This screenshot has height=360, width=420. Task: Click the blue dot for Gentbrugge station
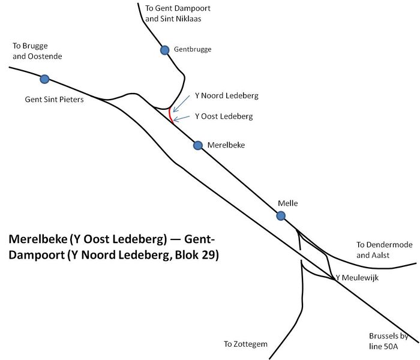[x=164, y=50]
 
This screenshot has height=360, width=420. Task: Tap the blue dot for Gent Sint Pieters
[x=44, y=79]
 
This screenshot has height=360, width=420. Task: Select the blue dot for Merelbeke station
[x=198, y=145]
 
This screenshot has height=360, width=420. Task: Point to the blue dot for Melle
[x=280, y=216]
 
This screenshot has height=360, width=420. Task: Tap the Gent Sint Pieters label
[x=54, y=100]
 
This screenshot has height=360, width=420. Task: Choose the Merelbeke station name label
[x=226, y=145]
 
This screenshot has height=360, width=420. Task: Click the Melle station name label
[x=288, y=203]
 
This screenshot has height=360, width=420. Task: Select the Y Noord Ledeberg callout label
[x=227, y=95]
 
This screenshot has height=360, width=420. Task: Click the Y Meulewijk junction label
[x=358, y=277]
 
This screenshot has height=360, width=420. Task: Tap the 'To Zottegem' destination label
[x=245, y=344]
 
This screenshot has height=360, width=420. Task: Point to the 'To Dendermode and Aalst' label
[x=377, y=250]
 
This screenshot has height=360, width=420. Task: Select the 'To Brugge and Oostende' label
[x=37, y=51]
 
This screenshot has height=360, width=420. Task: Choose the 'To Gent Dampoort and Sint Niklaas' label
[x=178, y=14]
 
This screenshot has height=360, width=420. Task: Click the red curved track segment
[x=170, y=114]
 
